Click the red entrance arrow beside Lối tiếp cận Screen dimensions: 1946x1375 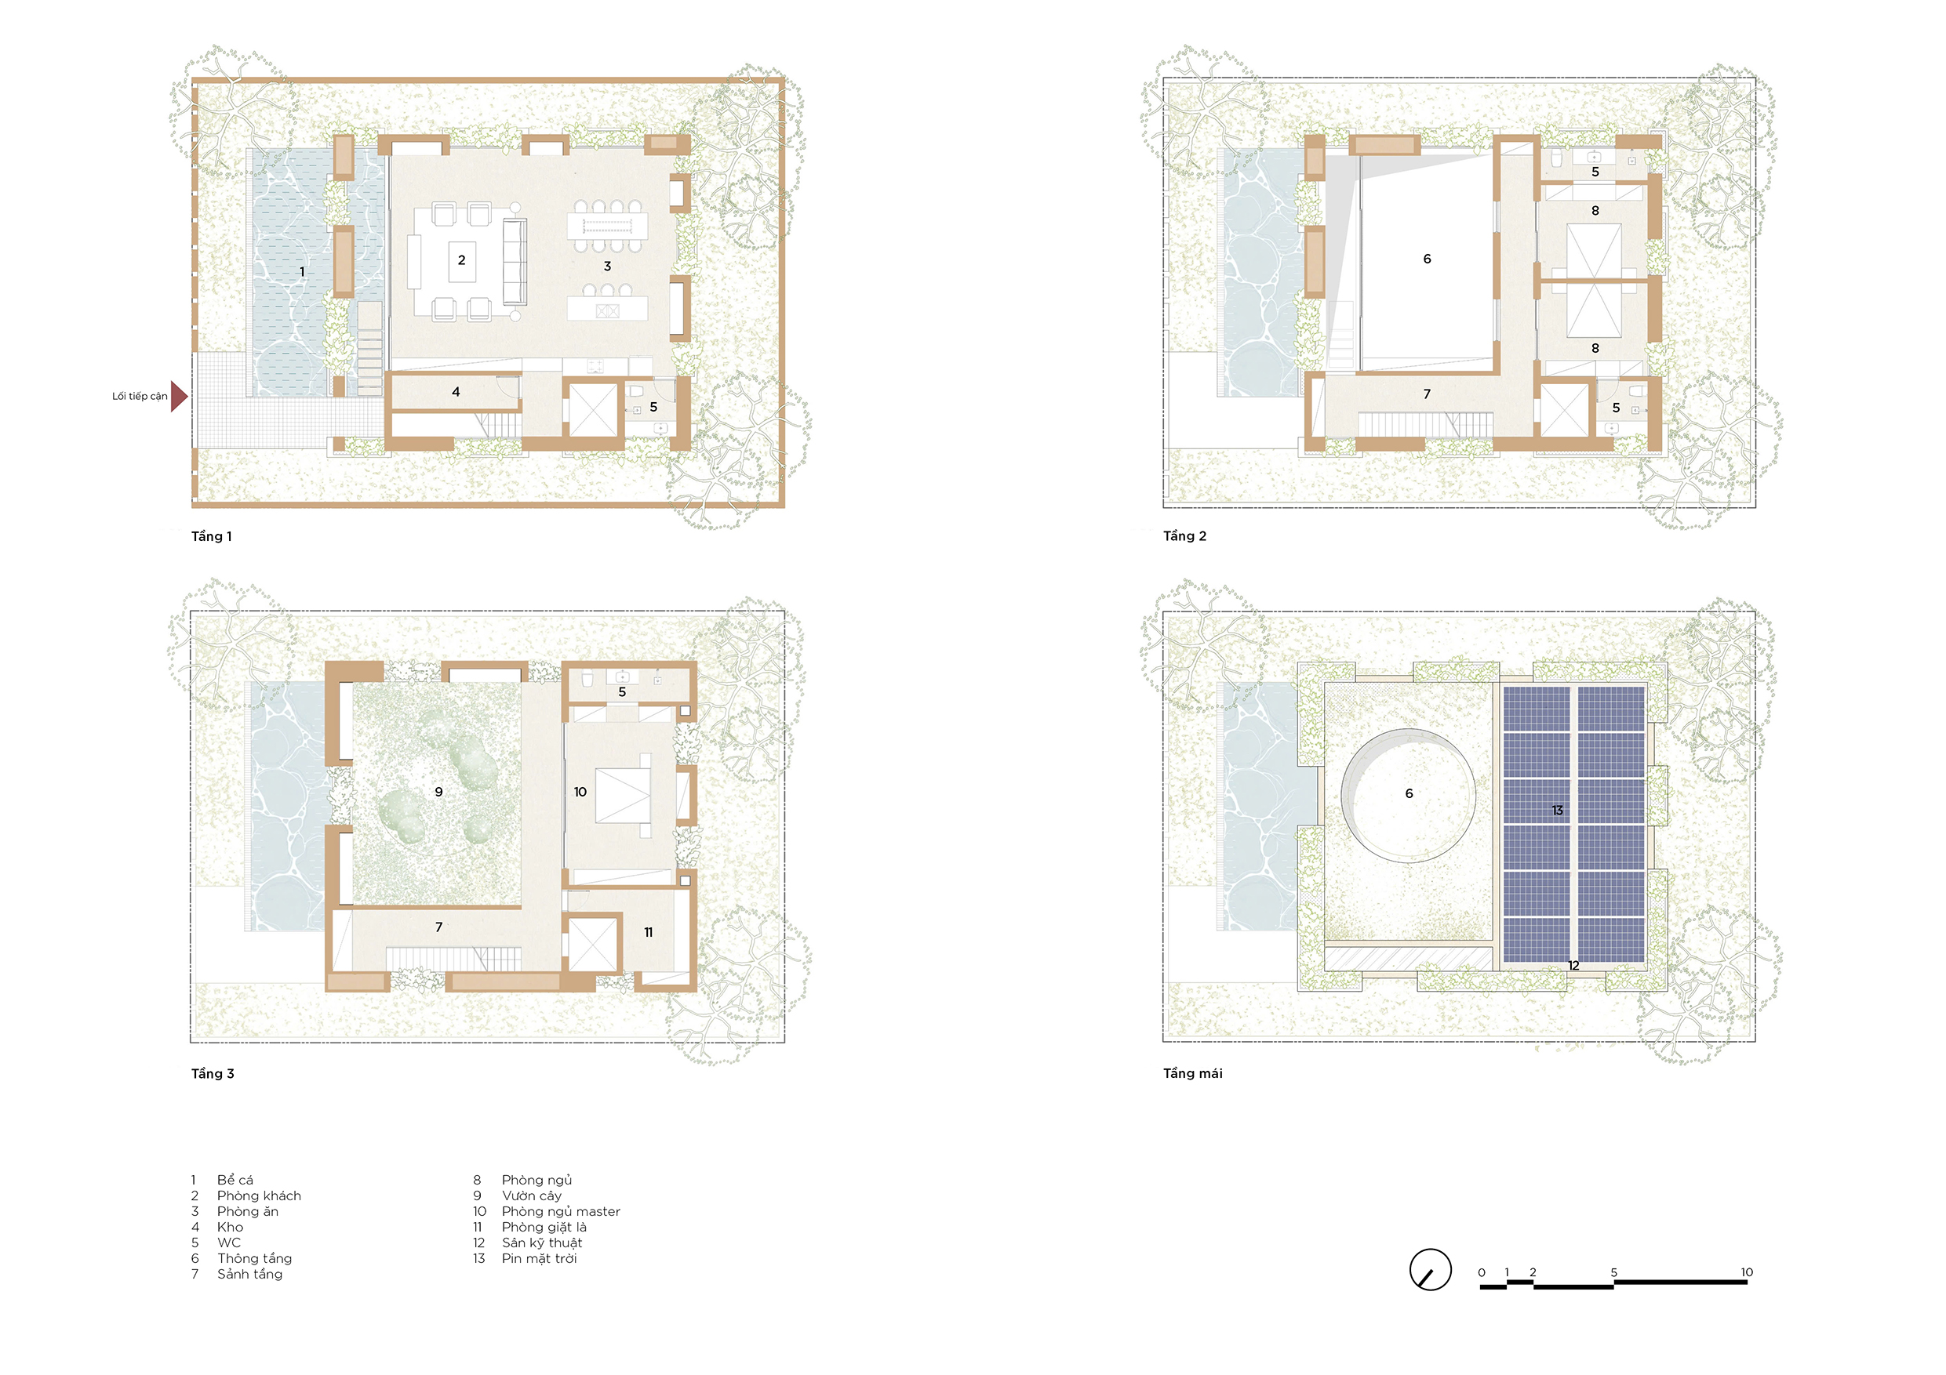pyautogui.click(x=178, y=396)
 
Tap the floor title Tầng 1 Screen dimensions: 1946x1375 pyautogui.click(x=211, y=536)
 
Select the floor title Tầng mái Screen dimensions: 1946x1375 pyautogui.click(x=1192, y=1073)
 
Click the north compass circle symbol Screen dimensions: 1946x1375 pyautogui.click(x=1431, y=1270)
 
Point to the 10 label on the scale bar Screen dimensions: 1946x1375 pyautogui.click(x=1747, y=1272)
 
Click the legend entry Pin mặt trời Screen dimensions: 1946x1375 pyautogui.click(x=539, y=1259)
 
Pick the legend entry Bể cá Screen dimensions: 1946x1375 pyautogui.click(x=235, y=1180)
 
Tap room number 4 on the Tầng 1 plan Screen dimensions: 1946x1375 pyautogui.click(x=456, y=391)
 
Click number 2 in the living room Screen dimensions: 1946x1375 pyautogui.click(x=462, y=260)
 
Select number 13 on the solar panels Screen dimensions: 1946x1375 pyautogui.click(x=1557, y=811)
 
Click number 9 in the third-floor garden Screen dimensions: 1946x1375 pyautogui.click(x=439, y=792)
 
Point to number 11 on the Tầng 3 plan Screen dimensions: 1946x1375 pyautogui.click(x=649, y=933)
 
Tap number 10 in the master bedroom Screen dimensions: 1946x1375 pyautogui.click(x=580, y=792)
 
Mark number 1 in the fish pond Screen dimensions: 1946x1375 pyautogui.click(x=303, y=272)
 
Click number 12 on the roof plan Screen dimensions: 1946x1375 pyautogui.click(x=1574, y=966)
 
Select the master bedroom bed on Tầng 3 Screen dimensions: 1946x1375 pyautogui.click(x=623, y=796)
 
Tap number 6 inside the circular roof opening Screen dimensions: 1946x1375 pyautogui.click(x=1409, y=794)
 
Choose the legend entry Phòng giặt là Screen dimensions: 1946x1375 pyautogui.click(x=544, y=1228)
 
